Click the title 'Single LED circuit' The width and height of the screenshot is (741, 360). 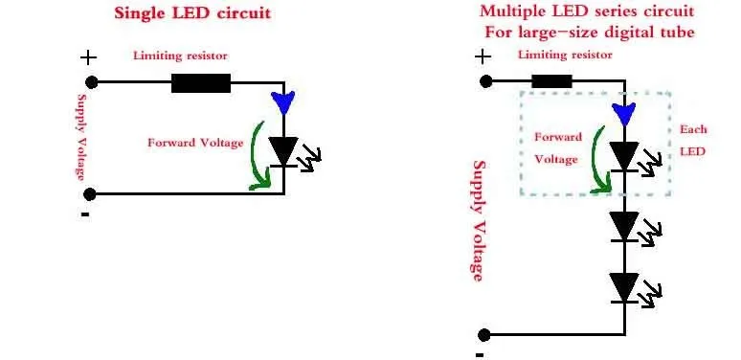click(192, 12)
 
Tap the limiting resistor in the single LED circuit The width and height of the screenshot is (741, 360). click(201, 83)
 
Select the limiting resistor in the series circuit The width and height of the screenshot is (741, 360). click(551, 81)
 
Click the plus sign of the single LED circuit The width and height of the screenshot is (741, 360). click(88, 57)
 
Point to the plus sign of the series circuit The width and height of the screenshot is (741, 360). click(483, 57)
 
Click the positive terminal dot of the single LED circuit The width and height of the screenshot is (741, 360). click(91, 82)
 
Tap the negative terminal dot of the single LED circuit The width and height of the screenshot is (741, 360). click(90, 193)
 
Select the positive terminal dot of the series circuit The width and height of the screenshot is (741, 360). click(485, 81)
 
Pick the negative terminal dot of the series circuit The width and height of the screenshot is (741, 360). click(483, 335)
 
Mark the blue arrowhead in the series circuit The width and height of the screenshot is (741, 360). click(624, 114)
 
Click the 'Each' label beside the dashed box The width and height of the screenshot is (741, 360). click(693, 129)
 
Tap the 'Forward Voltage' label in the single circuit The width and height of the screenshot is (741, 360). click(195, 143)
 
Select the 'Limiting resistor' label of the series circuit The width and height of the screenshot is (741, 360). click(565, 55)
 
